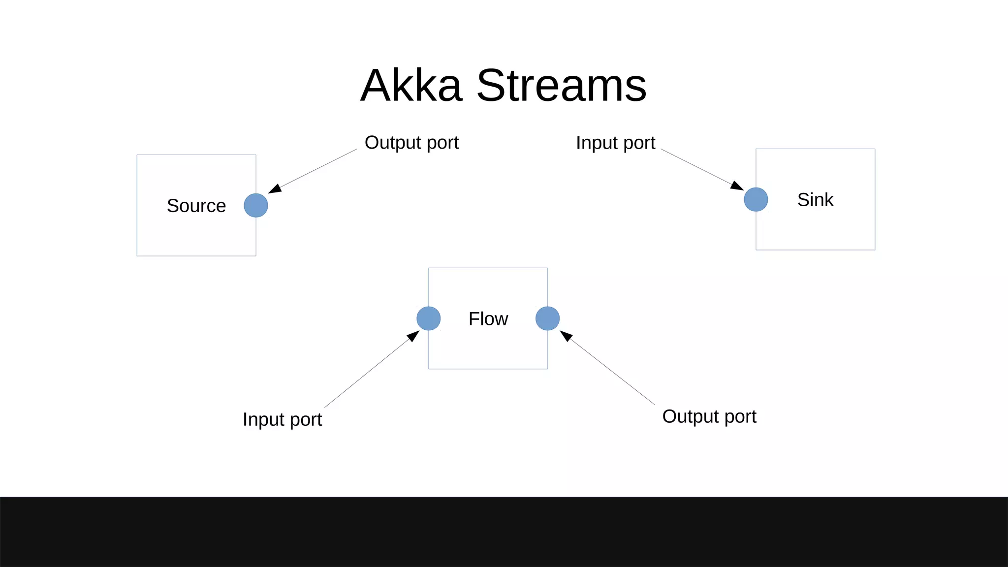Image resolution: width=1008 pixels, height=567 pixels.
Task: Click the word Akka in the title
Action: point(411,86)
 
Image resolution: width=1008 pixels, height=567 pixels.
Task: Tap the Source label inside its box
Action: point(196,206)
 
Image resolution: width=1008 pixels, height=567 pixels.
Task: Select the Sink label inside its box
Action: point(815,200)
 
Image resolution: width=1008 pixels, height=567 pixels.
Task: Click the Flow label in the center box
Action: point(488,319)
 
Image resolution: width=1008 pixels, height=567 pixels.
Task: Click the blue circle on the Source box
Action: point(256,205)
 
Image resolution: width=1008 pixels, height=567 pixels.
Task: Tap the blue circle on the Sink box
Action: point(756,199)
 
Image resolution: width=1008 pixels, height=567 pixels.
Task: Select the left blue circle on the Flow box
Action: point(428,318)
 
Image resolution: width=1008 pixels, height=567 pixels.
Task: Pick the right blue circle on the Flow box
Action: point(547,318)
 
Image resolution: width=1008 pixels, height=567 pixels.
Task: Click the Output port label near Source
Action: point(411,143)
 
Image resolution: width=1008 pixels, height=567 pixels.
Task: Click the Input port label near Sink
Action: point(615,143)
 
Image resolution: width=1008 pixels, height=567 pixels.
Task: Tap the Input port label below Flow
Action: point(282,420)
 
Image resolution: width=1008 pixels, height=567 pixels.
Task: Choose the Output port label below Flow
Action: point(709,417)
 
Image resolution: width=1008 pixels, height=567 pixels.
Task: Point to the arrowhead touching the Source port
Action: point(275,189)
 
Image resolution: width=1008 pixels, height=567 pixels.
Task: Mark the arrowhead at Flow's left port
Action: point(413,337)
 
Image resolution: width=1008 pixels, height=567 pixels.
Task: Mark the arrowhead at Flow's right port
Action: point(566,336)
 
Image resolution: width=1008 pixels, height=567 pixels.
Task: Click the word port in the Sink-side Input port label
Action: point(639,143)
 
